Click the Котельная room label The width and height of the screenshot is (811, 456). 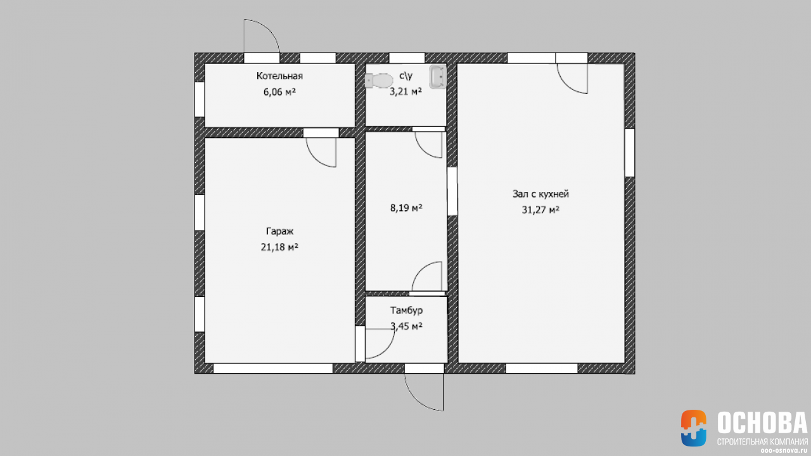click(279, 76)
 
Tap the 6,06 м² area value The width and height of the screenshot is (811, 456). click(279, 92)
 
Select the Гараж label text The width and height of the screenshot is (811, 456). click(279, 231)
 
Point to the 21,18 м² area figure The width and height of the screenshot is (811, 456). click(279, 247)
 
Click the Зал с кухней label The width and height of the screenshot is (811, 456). click(540, 194)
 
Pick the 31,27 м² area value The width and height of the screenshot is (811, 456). click(540, 210)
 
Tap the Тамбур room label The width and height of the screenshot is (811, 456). click(406, 310)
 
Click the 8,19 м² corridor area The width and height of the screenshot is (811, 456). click(406, 208)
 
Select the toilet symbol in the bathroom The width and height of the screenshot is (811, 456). click(379, 80)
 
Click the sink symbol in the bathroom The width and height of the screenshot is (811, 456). click(438, 77)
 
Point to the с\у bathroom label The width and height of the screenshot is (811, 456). click(406, 75)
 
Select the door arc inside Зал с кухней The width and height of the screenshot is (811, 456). click(564, 84)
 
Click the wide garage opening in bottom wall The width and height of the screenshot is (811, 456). click(273, 369)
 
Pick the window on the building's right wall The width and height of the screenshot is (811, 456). click(630, 153)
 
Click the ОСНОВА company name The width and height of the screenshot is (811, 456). click(762, 422)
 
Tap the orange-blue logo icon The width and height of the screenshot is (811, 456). click(693, 427)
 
